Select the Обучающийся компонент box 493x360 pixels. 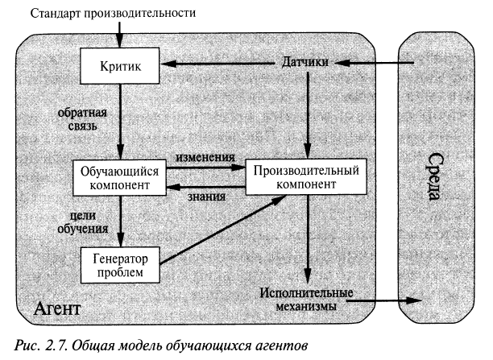119,179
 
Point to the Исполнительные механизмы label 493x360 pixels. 308,299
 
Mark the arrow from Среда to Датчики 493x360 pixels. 375,64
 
